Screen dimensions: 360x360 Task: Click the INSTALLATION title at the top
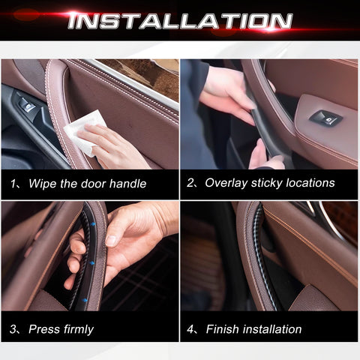pyautogui.click(x=180, y=20)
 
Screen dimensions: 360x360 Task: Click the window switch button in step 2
pyautogui.click(x=325, y=118)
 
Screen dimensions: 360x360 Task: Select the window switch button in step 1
pyautogui.click(x=27, y=105)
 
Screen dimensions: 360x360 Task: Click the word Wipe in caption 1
pyautogui.click(x=43, y=184)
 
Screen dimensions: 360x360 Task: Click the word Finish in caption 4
pyautogui.click(x=222, y=329)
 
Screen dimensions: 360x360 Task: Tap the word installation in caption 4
pyautogui.click(x=272, y=329)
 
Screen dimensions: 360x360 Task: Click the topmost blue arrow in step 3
pyautogui.click(x=93, y=224)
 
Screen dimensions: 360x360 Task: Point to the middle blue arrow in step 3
pyautogui.click(x=91, y=263)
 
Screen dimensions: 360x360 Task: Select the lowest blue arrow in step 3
pyautogui.click(x=85, y=300)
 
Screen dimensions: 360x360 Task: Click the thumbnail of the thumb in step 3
pyautogui.click(x=110, y=241)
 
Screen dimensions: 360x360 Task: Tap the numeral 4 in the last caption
pyautogui.click(x=190, y=329)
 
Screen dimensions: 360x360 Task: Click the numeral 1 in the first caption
pyautogui.click(x=13, y=184)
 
